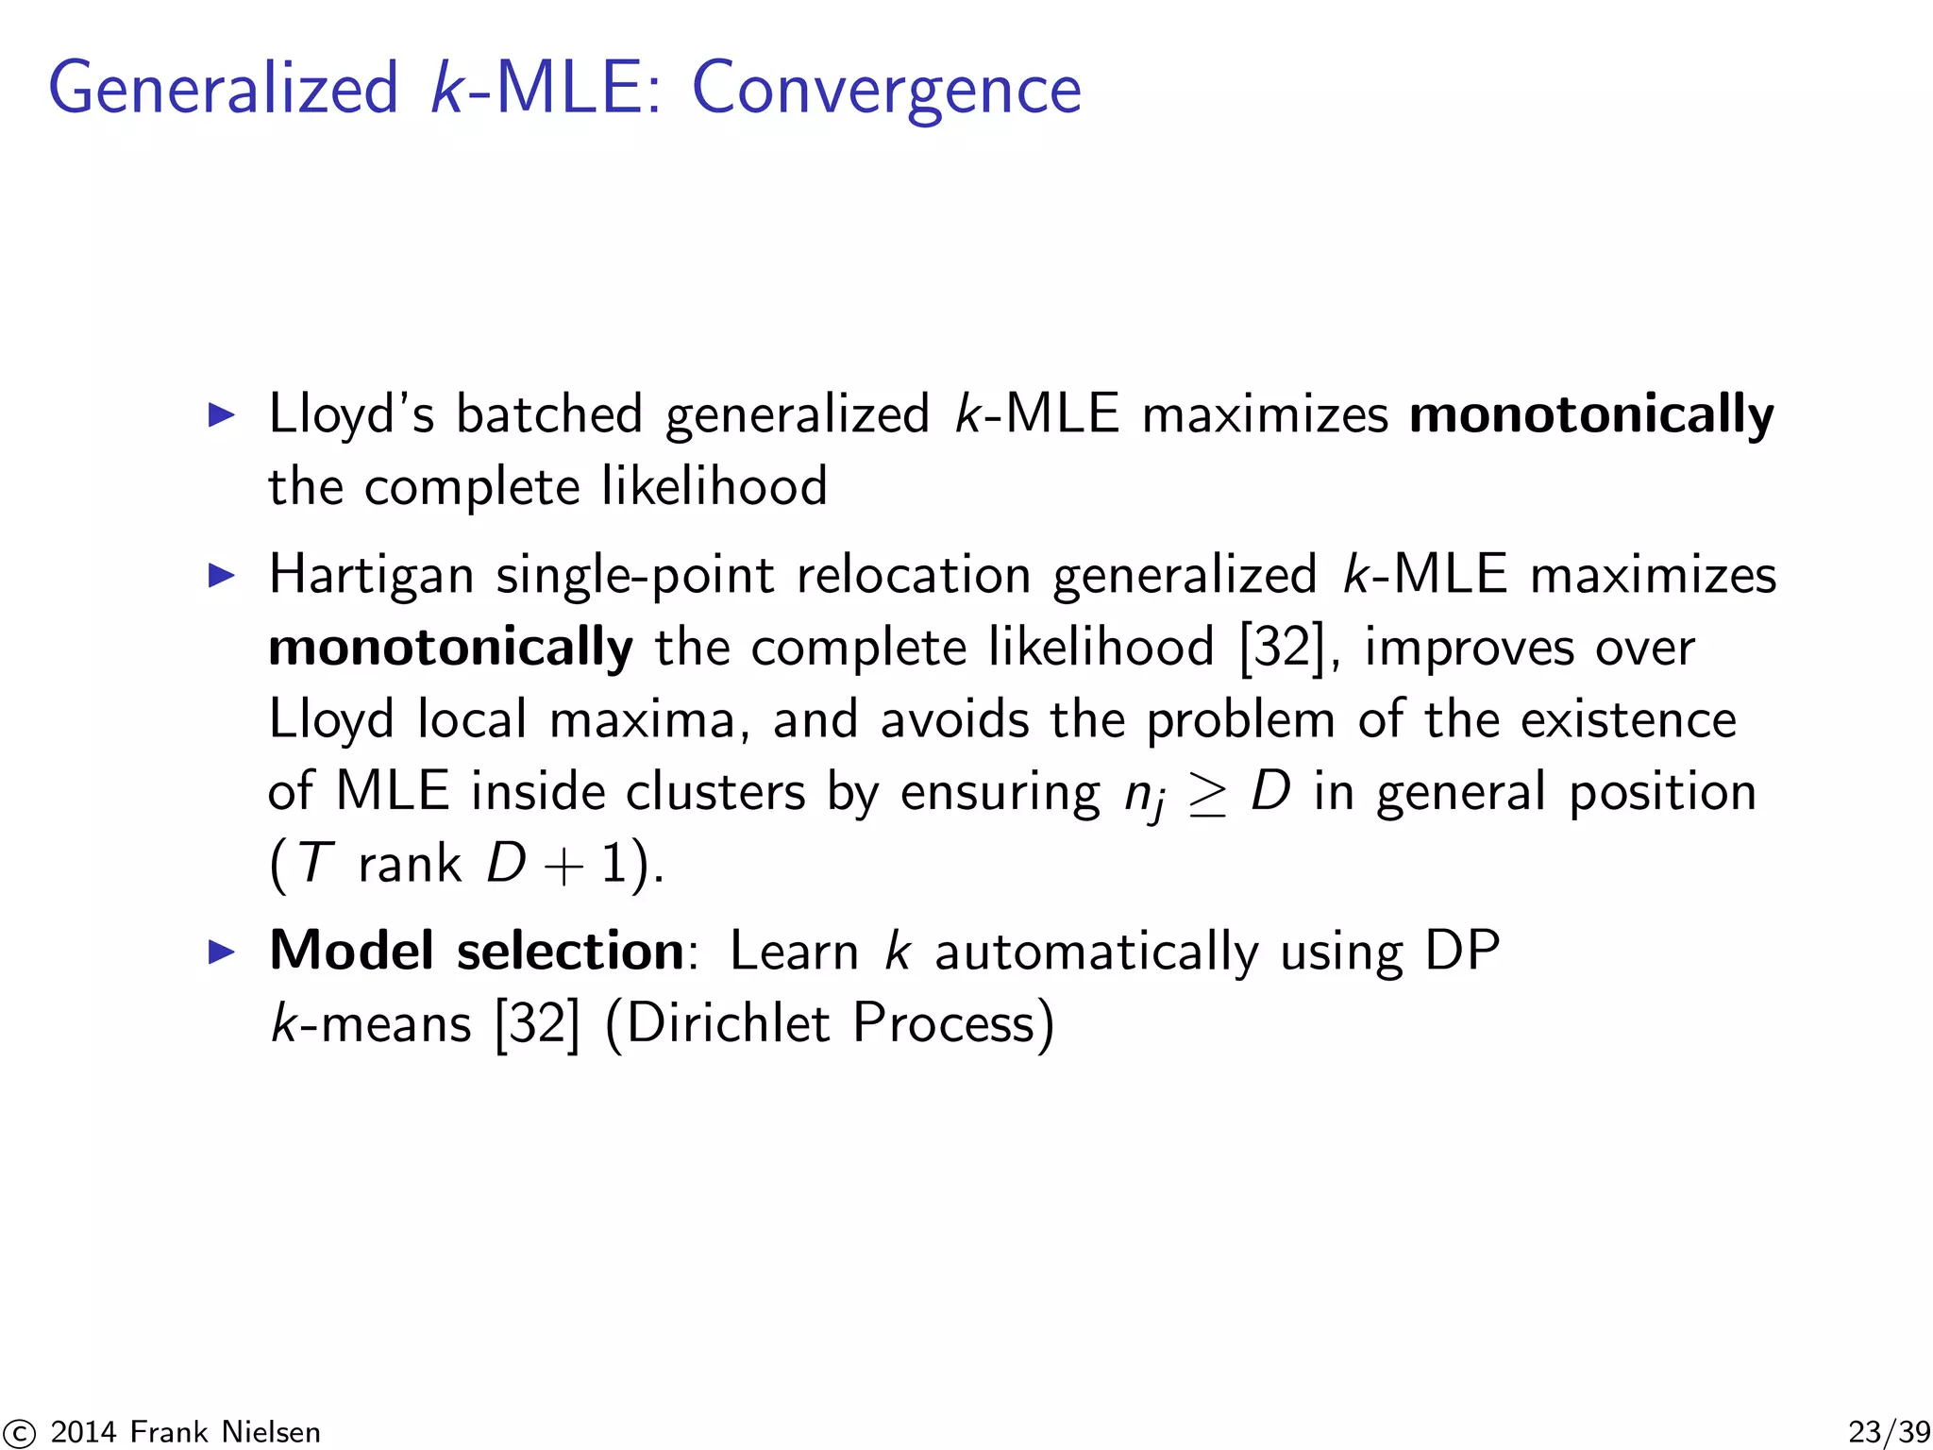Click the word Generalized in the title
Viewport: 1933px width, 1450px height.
(x=224, y=89)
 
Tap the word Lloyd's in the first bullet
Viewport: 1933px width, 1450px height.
(x=350, y=414)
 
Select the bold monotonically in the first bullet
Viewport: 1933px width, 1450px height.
(x=1590, y=414)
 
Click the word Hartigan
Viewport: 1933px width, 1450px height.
(x=371, y=575)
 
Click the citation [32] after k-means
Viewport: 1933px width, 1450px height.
(x=537, y=1023)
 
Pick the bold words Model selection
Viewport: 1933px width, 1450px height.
(x=476, y=951)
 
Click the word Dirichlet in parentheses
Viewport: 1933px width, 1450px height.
(x=727, y=1023)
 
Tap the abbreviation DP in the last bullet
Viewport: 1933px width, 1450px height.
(x=1461, y=951)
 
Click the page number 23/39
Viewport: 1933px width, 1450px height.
(x=1888, y=1431)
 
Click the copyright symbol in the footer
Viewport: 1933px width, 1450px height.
(x=18, y=1433)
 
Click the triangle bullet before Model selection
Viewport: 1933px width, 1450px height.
(x=221, y=952)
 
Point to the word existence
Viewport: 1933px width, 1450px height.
(x=1628, y=720)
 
